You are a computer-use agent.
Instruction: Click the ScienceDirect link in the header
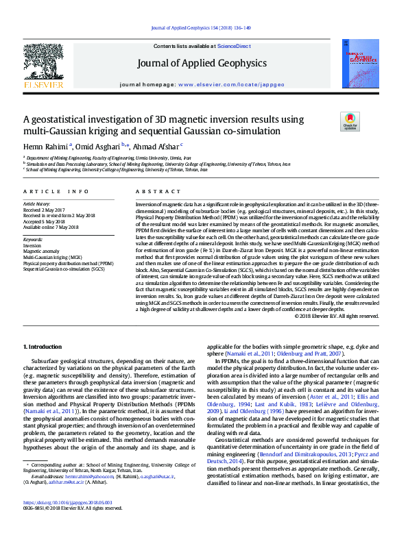pyautogui.click(x=233, y=46)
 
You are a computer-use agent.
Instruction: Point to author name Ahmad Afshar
pyautogui.click(x=156, y=146)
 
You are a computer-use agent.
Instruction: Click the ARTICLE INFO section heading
pyautogui.click(x=56, y=192)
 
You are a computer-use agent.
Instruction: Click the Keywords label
pyautogui.click(x=34, y=239)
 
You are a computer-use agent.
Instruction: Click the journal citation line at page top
pyautogui.click(x=204, y=27)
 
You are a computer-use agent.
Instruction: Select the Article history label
pyautogui.click(x=37, y=204)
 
